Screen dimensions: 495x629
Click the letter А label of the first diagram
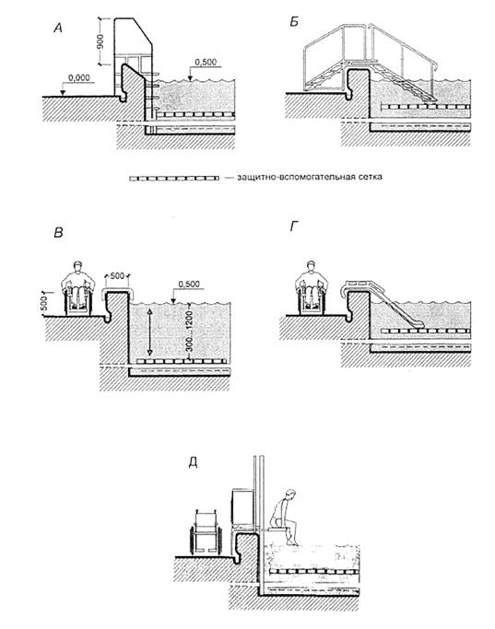point(58,28)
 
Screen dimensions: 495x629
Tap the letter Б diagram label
point(294,22)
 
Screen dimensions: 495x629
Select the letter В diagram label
point(58,233)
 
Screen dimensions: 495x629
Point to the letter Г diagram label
point(293,227)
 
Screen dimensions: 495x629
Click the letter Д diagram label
point(193,463)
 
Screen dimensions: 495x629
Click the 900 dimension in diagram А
point(100,41)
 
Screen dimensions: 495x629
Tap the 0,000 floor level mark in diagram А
point(79,78)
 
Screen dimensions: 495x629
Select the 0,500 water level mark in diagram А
point(206,63)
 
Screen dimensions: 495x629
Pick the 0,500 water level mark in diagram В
point(189,284)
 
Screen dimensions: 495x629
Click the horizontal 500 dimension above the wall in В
point(117,276)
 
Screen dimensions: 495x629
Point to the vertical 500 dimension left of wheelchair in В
point(44,303)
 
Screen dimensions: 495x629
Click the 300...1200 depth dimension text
point(190,330)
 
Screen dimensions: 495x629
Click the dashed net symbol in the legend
point(174,178)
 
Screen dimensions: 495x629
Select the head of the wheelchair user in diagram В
point(78,267)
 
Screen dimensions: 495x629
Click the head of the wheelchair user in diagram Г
point(311,266)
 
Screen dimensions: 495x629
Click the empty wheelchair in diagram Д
point(206,532)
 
